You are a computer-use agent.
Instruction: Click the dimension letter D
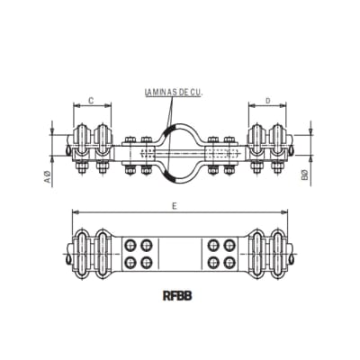(x=269, y=101)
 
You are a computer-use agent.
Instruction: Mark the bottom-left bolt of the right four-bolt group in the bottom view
(x=215, y=262)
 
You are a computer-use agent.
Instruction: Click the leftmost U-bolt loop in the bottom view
(x=82, y=254)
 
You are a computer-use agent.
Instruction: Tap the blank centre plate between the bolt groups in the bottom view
(x=180, y=254)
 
